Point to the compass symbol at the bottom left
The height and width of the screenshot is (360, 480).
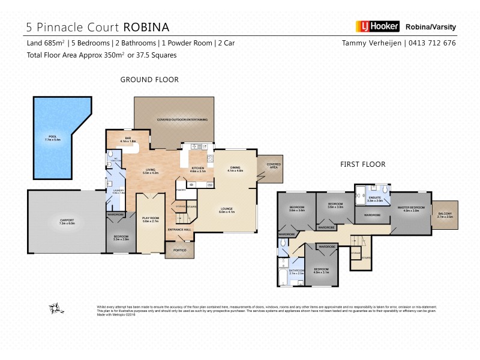[x=57, y=308]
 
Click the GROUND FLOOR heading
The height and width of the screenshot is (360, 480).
[x=149, y=79]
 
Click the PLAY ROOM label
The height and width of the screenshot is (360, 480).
[x=150, y=219]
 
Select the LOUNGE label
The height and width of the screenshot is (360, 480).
[x=227, y=210]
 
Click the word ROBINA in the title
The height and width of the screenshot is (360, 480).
[x=146, y=27]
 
